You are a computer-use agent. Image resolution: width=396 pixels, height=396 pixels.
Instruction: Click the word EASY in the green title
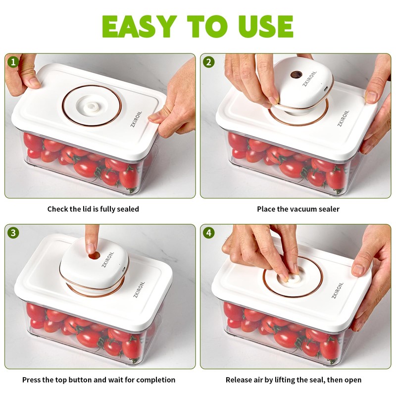pyautogui.click(x=139, y=26)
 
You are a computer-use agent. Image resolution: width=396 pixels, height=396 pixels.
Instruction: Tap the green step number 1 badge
pyautogui.click(x=13, y=62)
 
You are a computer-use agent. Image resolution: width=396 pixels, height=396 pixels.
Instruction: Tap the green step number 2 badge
pyautogui.click(x=208, y=62)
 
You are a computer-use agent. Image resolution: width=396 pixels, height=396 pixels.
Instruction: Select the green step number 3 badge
pyautogui.click(x=13, y=233)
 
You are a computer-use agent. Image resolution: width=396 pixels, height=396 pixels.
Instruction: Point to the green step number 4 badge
pyautogui.click(x=208, y=233)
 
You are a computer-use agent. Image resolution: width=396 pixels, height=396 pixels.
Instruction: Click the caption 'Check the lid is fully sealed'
pyautogui.click(x=93, y=209)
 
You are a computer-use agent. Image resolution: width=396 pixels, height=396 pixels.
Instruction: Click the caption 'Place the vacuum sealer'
pyautogui.click(x=298, y=209)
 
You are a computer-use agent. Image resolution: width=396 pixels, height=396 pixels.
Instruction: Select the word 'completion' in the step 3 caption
pyautogui.click(x=156, y=380)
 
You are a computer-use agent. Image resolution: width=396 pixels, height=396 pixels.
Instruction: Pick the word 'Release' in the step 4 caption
pyautogui.click(x=239, y=380)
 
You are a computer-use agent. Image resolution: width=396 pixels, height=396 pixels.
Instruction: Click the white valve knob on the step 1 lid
pyautogui.click(x=92, y=107)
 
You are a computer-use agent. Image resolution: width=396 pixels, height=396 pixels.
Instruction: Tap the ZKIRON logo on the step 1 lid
pyautogui.click(x=137, y=119)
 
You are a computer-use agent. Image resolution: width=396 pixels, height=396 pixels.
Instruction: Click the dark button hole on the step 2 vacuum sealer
pyautogui.click(x=296, y=75)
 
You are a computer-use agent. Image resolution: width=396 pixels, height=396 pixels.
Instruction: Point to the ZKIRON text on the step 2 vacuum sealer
pyautogui.click(x=309, y=79)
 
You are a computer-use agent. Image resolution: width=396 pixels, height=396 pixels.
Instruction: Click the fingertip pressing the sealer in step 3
pyautogui.click(x=91, y=248)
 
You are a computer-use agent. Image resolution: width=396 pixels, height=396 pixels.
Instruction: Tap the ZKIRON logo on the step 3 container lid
pyautogui.click(x=139, y=290)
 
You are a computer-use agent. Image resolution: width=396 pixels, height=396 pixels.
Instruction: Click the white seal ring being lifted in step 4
pyautogui.click(x=293, y=279)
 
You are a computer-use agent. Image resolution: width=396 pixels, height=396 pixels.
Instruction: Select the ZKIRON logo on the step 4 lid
pyautogui.click(x=338, y=290)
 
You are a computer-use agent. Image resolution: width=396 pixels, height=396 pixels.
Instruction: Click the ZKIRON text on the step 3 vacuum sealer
pyautogui.click(x=107, y=259)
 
